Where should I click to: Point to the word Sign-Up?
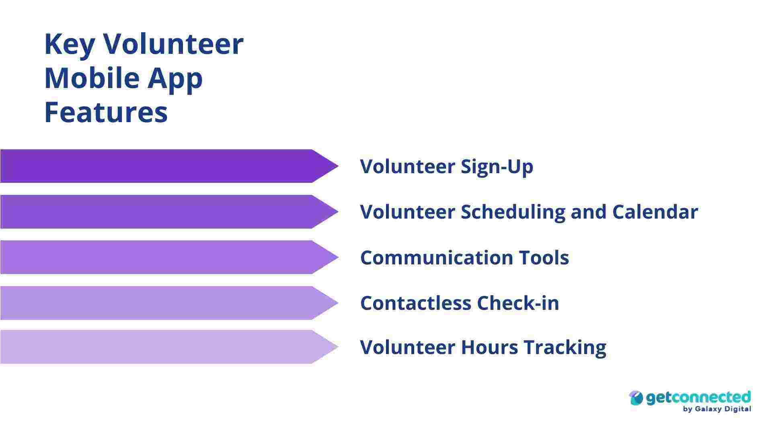pos(497,166)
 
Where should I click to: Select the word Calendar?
pos(655,212)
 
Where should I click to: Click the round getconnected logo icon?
pos(636,398)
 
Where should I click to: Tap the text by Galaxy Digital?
pos(717,409)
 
